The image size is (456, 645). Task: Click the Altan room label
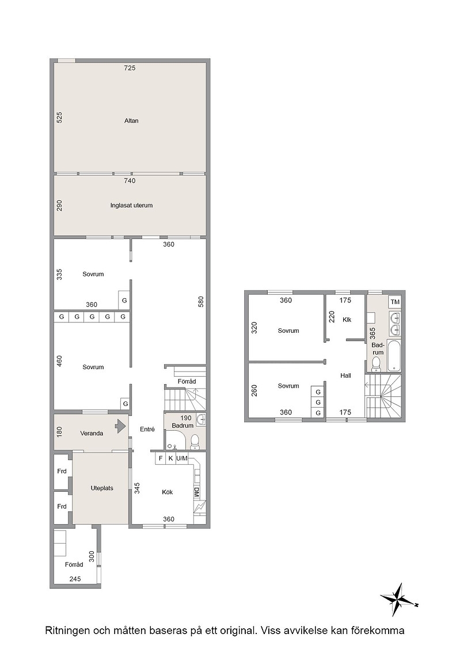pos(131,120)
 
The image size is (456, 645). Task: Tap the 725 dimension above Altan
pos(130,68)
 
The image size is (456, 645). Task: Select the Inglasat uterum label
pos(131,205)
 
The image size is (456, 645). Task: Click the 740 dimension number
pos(130,181)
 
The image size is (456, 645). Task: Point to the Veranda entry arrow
pos(120,426)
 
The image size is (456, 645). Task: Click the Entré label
pos(147,429)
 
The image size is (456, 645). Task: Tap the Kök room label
pos(168,492)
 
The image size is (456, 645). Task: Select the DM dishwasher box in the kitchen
pos(196,492)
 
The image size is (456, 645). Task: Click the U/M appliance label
pos(182,458)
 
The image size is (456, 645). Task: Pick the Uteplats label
pos(102,488)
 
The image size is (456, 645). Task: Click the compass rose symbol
pos(398,598)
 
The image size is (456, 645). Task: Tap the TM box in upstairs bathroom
pos(395,302)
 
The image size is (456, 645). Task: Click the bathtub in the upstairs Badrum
pos(394,355)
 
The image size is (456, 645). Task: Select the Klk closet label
pos(347,320)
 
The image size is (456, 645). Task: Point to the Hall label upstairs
pos(345,375)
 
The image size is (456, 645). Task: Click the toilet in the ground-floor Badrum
pos(195,441)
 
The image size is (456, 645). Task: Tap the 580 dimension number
pos(201,302)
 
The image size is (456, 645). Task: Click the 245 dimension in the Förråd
pos(75,579)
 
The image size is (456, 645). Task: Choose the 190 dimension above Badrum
pos(186,418)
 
